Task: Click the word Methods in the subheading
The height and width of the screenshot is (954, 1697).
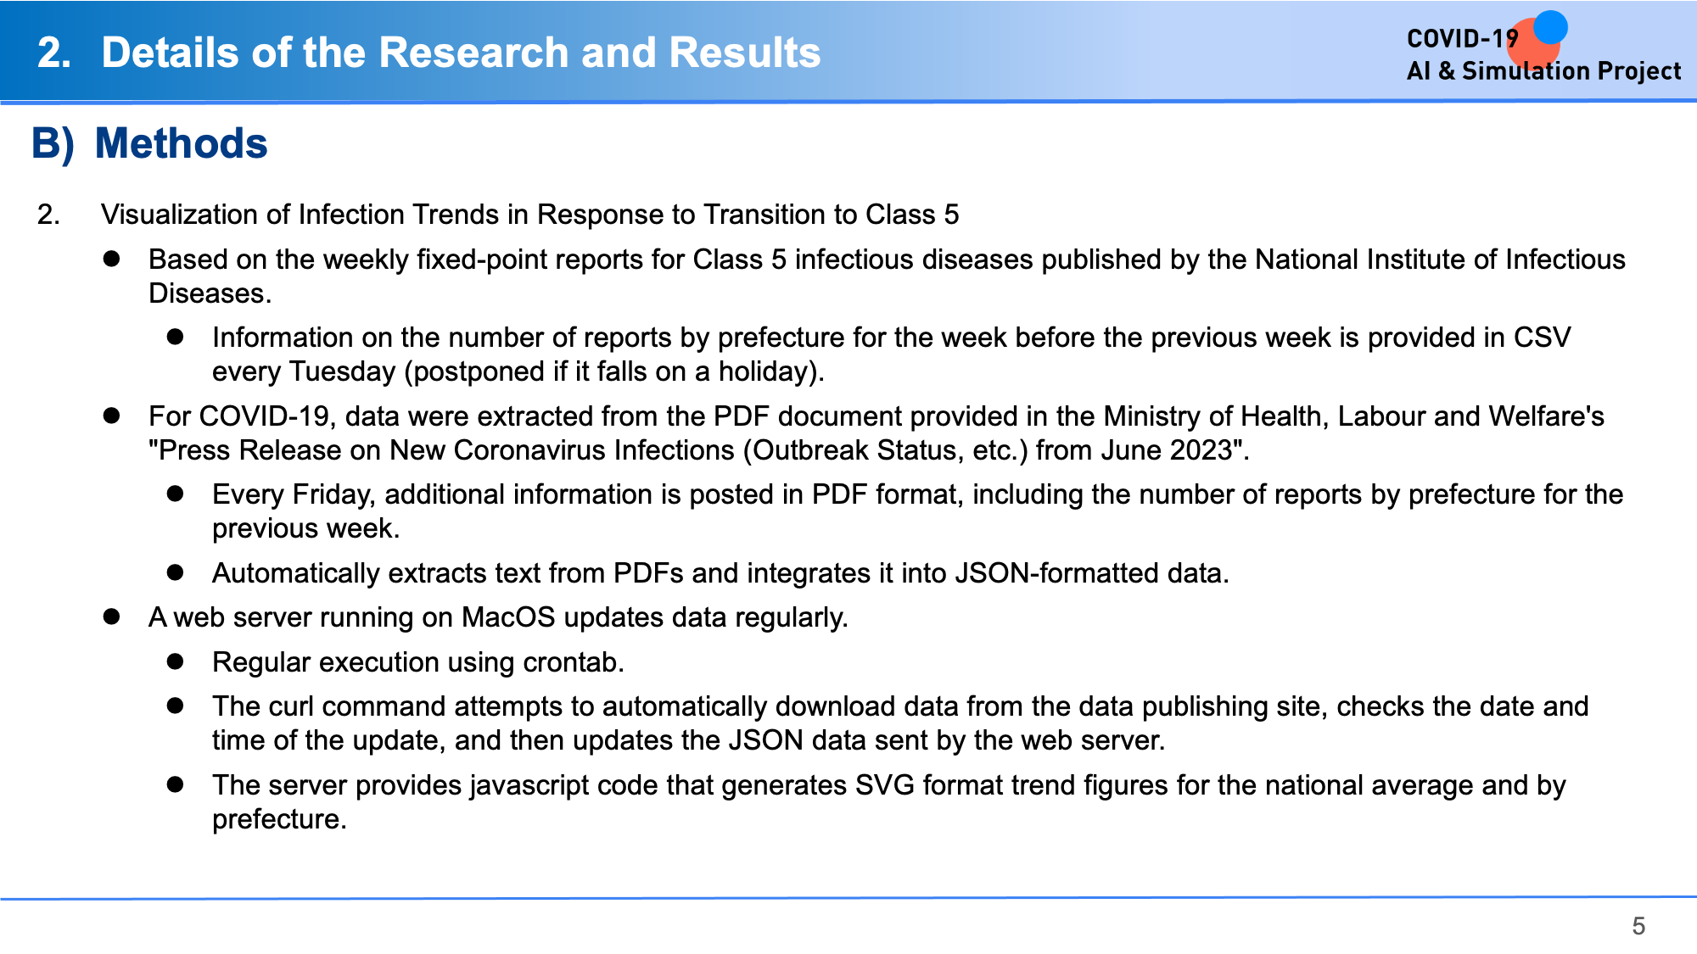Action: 182,143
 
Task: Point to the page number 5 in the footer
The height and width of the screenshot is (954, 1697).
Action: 1638,926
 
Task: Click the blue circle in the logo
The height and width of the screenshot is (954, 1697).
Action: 1550,27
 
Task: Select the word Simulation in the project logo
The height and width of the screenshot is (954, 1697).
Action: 1523,70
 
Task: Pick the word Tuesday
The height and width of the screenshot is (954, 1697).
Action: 343,371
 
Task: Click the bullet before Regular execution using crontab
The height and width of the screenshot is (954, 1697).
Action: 176,661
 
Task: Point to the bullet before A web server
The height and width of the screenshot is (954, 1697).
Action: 111,616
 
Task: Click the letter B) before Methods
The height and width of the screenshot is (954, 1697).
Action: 53,143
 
